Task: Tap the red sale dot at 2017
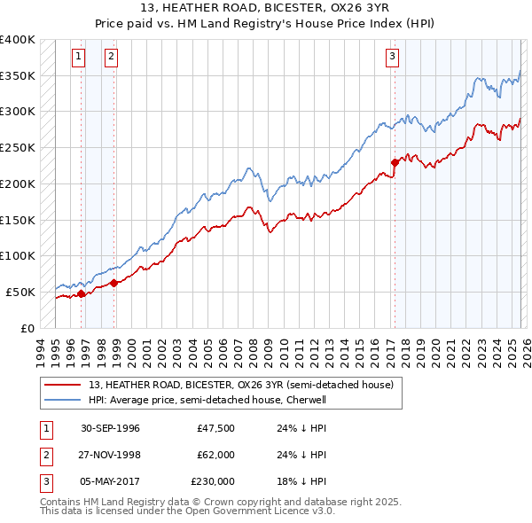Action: pos(395,162)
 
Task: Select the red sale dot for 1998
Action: pos(114,283)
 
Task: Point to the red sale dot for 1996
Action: pos(82,293)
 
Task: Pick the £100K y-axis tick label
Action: pos(18,255)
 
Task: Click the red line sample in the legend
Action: pos(62,384)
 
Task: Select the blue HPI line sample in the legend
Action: pos(62,400)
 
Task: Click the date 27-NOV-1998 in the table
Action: pos(110,455)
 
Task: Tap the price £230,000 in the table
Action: pos(213,481)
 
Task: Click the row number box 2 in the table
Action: pos(44,455)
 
